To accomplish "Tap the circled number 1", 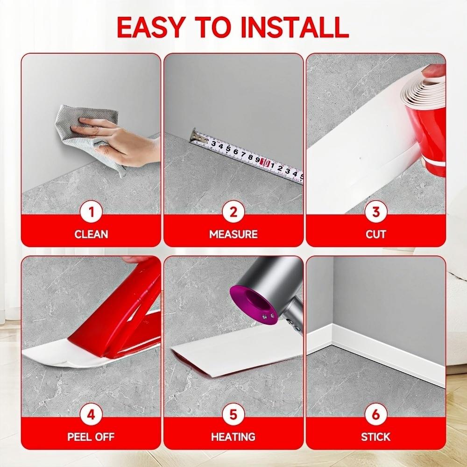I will (92, 212).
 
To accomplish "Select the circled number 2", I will (233, 212).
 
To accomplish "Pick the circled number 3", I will (375, 212).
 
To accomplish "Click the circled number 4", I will (92, 415).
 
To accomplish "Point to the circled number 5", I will (233, 415).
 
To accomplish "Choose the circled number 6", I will (375, 415).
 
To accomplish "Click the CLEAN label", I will (92, 234).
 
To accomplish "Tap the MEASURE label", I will (233, 234).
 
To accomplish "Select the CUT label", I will (375, 234).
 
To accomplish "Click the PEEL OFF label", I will (92, 437).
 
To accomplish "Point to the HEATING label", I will (233, 437).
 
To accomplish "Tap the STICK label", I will (375, 437).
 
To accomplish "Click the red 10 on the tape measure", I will (265, 162).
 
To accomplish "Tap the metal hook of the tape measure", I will (193, 136).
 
